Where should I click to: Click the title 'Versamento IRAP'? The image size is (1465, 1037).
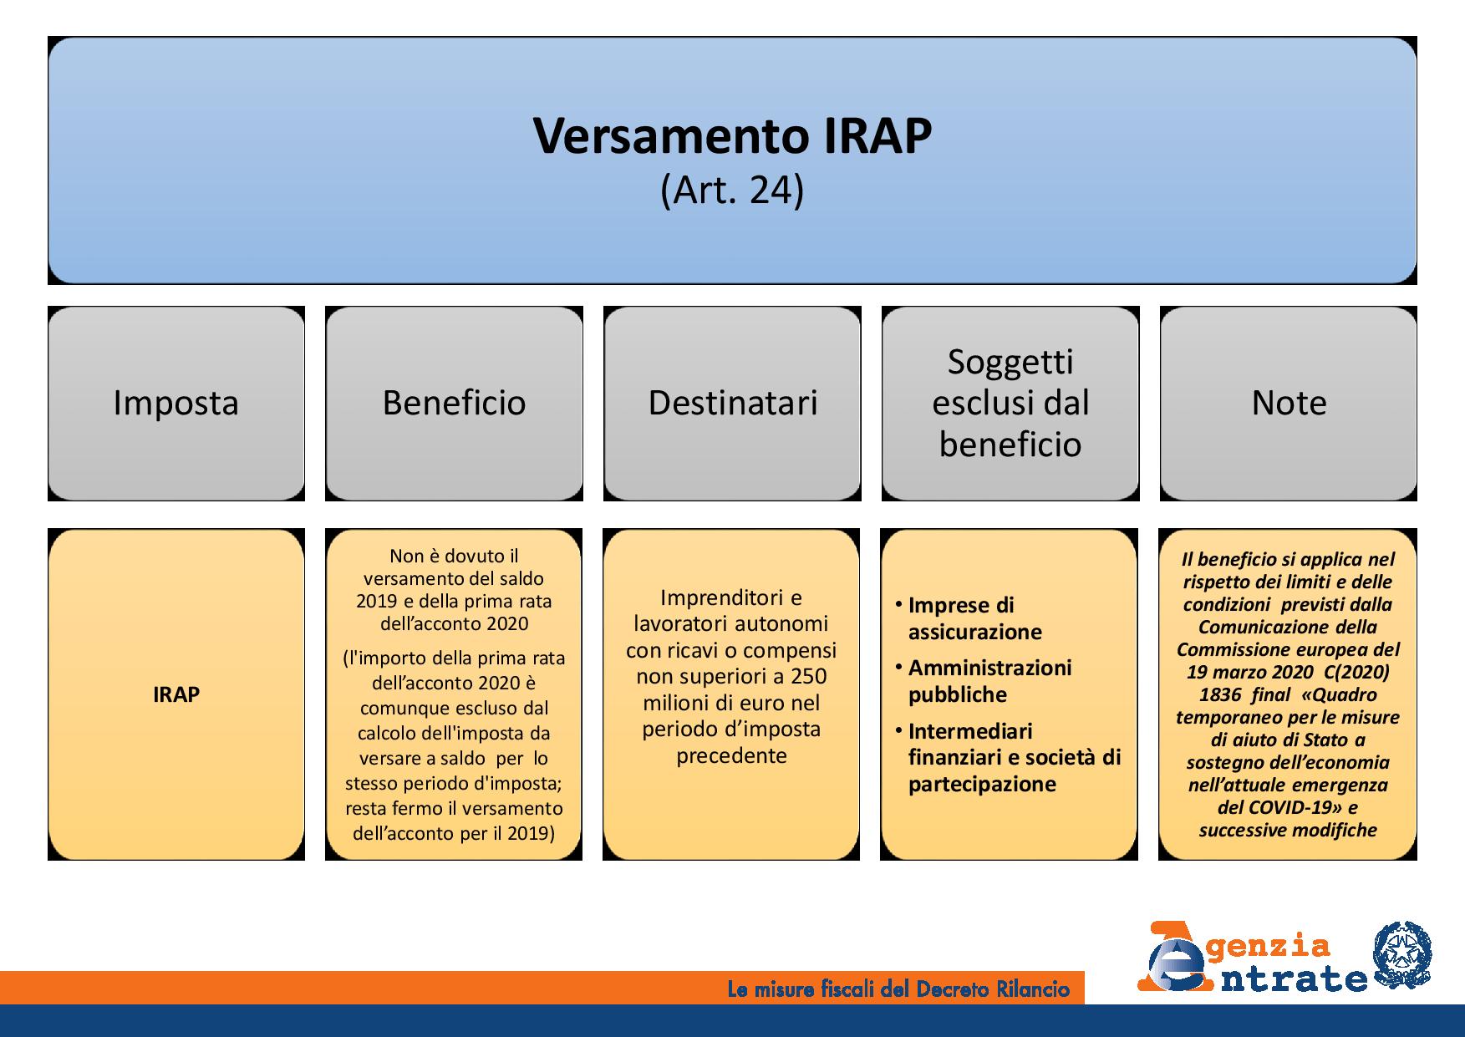coord(732,136)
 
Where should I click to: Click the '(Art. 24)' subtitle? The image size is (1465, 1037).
coord(732,191)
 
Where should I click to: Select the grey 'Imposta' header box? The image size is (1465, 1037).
coord(176,404)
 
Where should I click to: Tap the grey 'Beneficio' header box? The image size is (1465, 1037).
coord(454,404)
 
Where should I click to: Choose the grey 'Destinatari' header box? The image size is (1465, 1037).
coord(732,404)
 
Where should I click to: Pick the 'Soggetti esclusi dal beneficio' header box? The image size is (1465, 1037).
coord(1010,404)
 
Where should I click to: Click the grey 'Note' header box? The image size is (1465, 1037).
coord(1289,404)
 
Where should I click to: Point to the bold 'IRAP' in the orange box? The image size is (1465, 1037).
coord(176,695)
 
